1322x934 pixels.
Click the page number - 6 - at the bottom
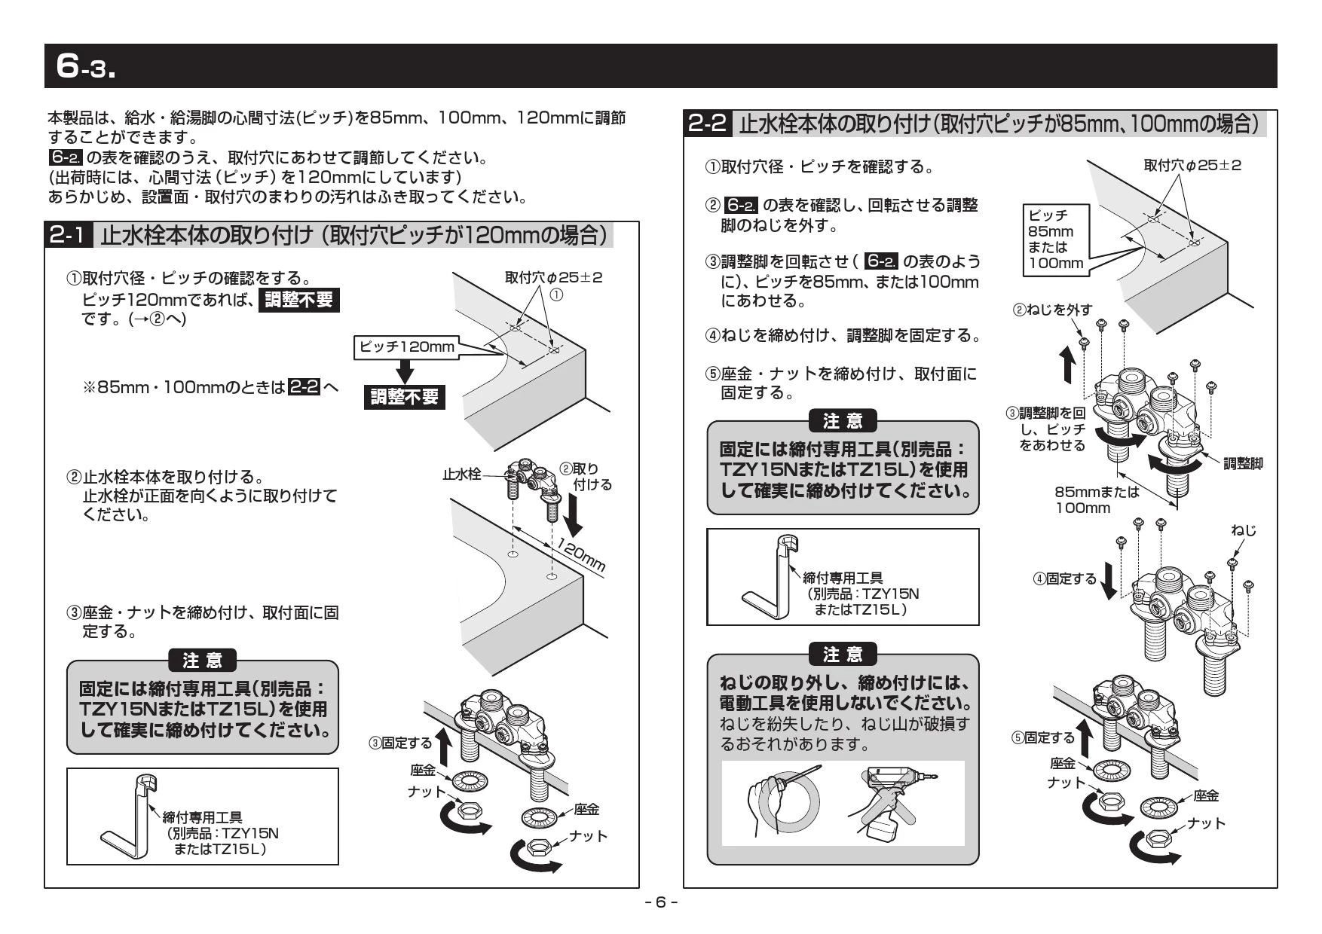pos(661,902)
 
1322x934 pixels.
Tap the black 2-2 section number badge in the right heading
pos(708,124)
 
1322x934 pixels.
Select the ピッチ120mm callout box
pos(407,346)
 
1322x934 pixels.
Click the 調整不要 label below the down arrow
pos(405,396)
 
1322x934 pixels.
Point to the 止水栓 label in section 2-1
pos(461,475)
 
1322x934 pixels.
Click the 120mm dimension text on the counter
pos(581,556)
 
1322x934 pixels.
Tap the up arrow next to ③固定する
pos(444,747)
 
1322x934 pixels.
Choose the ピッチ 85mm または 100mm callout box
pos(1054,239)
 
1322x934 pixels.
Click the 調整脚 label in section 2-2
pos(1243,464)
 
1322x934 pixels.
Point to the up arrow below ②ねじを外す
pos(1068,365)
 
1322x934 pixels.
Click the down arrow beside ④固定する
pos(1108,581)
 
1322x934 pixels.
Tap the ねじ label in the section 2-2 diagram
pos(1244,530)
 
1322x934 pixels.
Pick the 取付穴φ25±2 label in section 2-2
pos(1192,165)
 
